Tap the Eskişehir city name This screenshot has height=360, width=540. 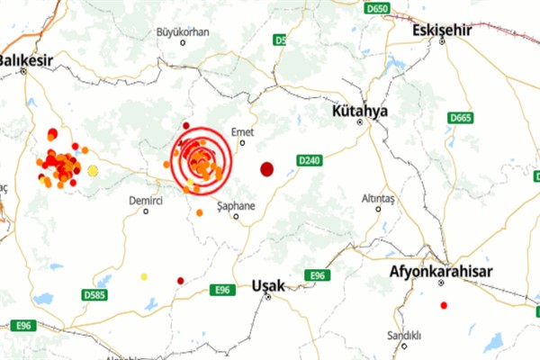click(x=441, y=31)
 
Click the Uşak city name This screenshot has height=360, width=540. click(x=268, y=285)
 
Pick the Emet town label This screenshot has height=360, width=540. click(x=243, y=131)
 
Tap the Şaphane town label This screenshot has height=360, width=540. click(x=237, y=206)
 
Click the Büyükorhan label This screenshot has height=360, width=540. click(x=183, y=31)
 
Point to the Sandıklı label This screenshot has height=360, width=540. click(x=404, y=336)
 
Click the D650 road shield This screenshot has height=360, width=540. click(x=379, y=8)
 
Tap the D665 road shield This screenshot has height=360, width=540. click(x=461, y=118)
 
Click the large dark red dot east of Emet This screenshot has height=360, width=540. click(x=267, y=168)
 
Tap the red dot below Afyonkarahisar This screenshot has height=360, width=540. click(x=444, y=305)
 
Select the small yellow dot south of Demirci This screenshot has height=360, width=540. click(x=144, y=277)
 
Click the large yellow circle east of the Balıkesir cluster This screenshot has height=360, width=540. click(x=93, y=170)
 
